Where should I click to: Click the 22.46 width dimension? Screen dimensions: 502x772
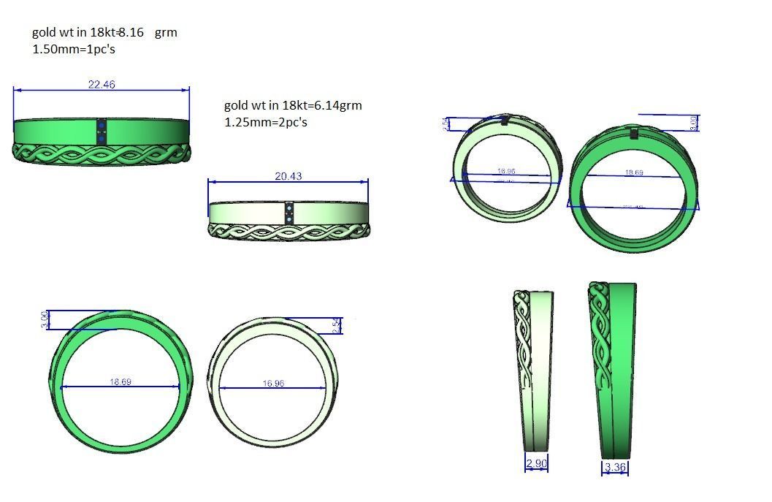pos(102,85)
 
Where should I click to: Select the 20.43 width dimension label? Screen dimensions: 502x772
pos(288,176)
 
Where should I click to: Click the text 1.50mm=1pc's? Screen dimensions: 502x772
pos(74,50)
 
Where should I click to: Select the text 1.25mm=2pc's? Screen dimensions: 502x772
pos(266,122)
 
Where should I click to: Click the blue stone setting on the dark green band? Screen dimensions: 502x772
pos(102,132)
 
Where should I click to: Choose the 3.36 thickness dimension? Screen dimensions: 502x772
pos(616,468)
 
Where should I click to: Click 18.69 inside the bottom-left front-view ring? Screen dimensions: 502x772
pos(121,382)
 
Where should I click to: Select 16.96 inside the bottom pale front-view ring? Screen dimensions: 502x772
pos(272,384)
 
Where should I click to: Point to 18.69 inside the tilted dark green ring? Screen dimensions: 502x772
pos(633,173)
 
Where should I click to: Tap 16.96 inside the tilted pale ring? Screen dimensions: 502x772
pos(506,172)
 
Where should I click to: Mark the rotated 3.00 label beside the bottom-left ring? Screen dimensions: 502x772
pos(45,319)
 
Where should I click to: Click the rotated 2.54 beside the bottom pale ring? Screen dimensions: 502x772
pos(335,326)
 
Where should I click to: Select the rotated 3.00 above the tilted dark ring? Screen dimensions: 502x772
pos(694,123)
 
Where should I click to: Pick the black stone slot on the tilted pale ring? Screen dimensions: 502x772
pos(505,121)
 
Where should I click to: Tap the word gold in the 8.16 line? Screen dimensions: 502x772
pos(43,33)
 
